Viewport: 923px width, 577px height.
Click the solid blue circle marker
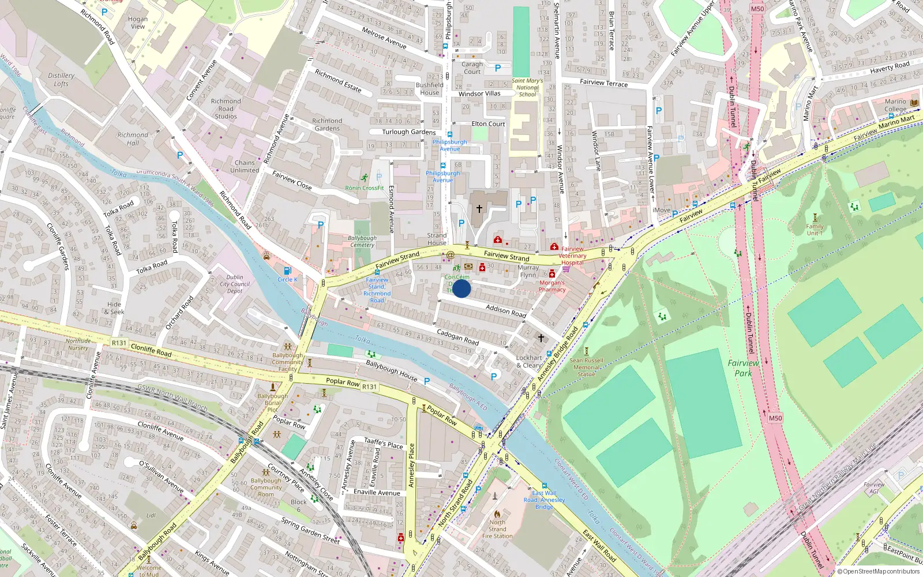click(461, 288)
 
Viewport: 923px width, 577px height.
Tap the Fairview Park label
click(743, 368)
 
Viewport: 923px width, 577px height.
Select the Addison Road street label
click(505, 312)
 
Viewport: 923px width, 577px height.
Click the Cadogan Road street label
click(457, 338)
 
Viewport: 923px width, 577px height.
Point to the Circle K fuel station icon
click(287, 271)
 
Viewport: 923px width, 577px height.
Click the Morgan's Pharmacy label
click(552, 286)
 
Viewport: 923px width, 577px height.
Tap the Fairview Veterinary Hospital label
click(573, 256)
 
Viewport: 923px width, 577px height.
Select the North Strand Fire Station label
click(497, 529)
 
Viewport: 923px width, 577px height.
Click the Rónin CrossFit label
click(365, 188)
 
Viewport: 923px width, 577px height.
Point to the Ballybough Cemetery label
click(362, 241)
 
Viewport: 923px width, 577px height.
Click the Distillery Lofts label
click(61, 80)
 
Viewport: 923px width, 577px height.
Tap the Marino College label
click(895, 105)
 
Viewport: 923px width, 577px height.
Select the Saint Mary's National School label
click(527, 88)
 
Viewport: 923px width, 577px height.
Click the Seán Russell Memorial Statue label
click(586, 367)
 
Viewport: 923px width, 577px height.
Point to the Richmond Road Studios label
click(226, 108)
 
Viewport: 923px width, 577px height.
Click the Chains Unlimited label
click(245, 167)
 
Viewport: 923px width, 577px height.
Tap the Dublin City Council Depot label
click(235, 284)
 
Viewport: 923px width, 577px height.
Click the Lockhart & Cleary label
click(529, 361)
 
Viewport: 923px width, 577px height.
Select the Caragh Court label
click(472, 68)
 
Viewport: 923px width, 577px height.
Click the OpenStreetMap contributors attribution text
click(879, 571)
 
